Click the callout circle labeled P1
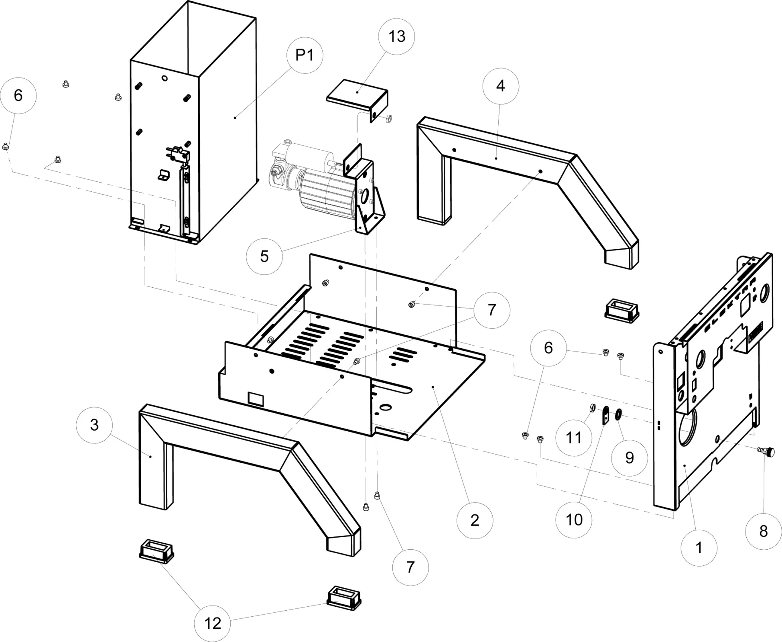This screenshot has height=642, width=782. [x=305, y=55]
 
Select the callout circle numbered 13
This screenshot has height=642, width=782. [x=396, y=37]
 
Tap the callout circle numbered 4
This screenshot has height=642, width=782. [x=500, y=86]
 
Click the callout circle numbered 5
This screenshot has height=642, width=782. [x=264, y=256]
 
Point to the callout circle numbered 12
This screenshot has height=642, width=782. [x=212, y=623]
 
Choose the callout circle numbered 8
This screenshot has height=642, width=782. [x=763, y=531]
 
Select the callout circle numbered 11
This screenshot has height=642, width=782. [x=573, y=438]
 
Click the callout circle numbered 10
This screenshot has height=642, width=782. [x=574, y=520]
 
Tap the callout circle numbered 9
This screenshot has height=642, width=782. [x=629, y=457]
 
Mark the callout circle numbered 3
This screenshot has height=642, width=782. [x=94, y=425]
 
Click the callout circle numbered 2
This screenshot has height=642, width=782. [x=475, y=520]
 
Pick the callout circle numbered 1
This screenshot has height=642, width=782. [x=699, y=548]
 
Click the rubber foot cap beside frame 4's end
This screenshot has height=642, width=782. [x=621, y=310]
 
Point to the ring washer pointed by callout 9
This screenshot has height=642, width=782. [x=618, y=414]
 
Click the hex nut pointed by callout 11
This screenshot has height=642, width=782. [x=592, y=408]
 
